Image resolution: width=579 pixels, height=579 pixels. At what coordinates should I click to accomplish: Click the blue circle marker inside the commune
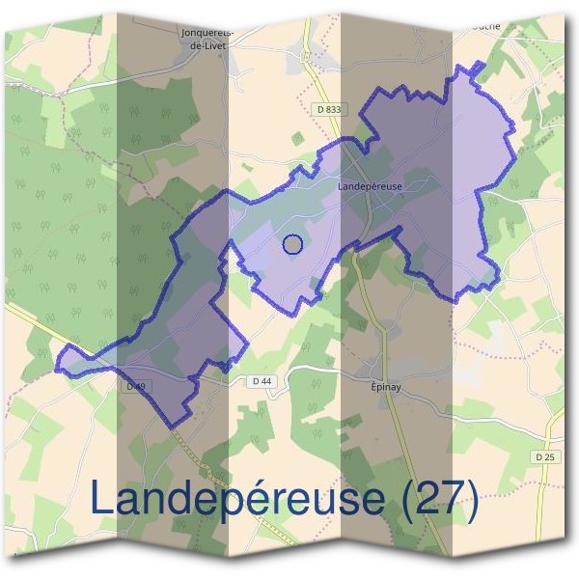[293, 245]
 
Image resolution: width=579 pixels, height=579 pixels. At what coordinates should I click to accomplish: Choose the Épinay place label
[387, 379]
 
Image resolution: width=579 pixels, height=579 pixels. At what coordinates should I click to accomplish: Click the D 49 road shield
[135, 386]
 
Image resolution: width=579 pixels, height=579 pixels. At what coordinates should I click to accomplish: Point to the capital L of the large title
[102, 499]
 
